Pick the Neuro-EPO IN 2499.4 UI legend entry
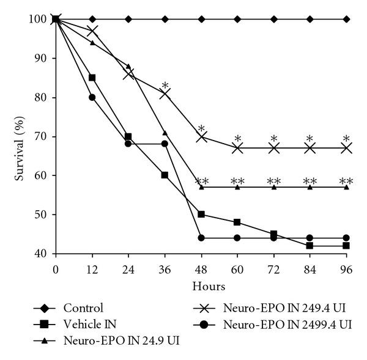coord(286,324)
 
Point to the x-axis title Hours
coord(201,285)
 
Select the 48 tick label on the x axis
coord(201,268)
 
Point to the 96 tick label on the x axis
coord(347,268)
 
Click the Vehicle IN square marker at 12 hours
coord(92,78)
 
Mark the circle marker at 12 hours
coord(92,97)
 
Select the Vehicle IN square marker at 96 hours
coord(347,246)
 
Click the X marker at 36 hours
coord(165,94)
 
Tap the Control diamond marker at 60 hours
coord(237,19)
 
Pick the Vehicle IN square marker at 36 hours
coord(165,175)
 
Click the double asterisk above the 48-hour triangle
coord(202,182)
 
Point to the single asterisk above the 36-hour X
coord(165,86)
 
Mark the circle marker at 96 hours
coord(347,238)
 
